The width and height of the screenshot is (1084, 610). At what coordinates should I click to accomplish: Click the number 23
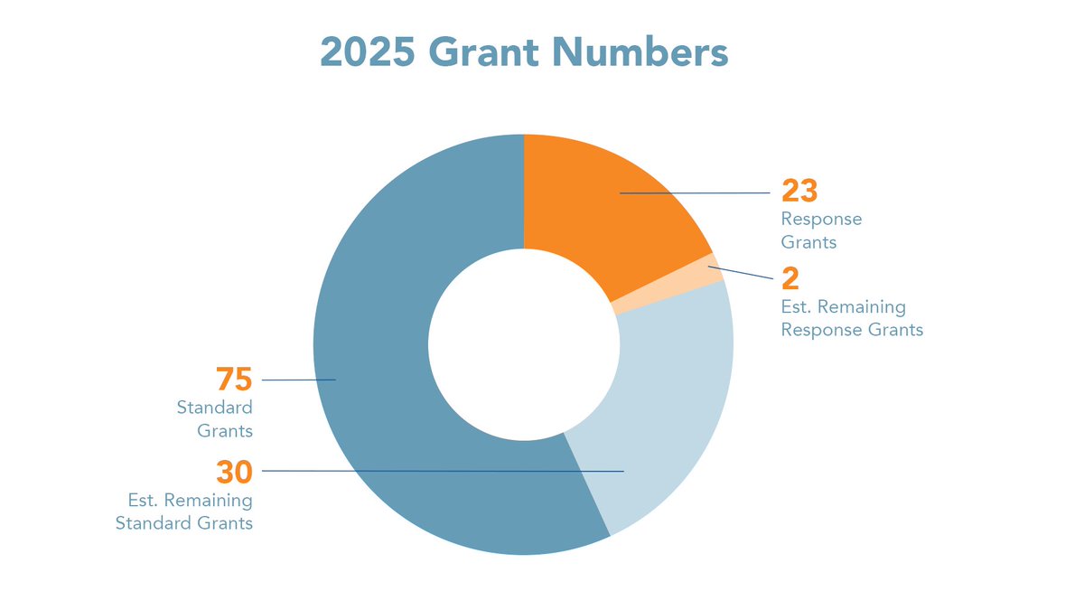click(x=799, y=192)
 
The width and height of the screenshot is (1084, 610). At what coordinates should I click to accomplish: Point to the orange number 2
click(x=790, y=279)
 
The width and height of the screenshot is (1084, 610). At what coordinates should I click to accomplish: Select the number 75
click(x=233, y=380)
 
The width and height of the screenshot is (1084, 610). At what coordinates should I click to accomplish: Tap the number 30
click(x=233, y=472)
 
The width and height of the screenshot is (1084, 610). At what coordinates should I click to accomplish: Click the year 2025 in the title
click(x=367, y=52)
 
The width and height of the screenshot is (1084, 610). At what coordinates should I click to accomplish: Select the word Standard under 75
click(x=214, y=408)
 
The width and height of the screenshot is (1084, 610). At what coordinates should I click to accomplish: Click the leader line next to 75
click(x=298, y=380)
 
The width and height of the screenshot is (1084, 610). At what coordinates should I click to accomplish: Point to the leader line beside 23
click(x=696, y=192)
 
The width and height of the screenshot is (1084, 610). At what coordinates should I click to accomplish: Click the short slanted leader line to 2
click(x=741, y=272)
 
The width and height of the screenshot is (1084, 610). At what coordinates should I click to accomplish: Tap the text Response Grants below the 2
click(x=851, y=330)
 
